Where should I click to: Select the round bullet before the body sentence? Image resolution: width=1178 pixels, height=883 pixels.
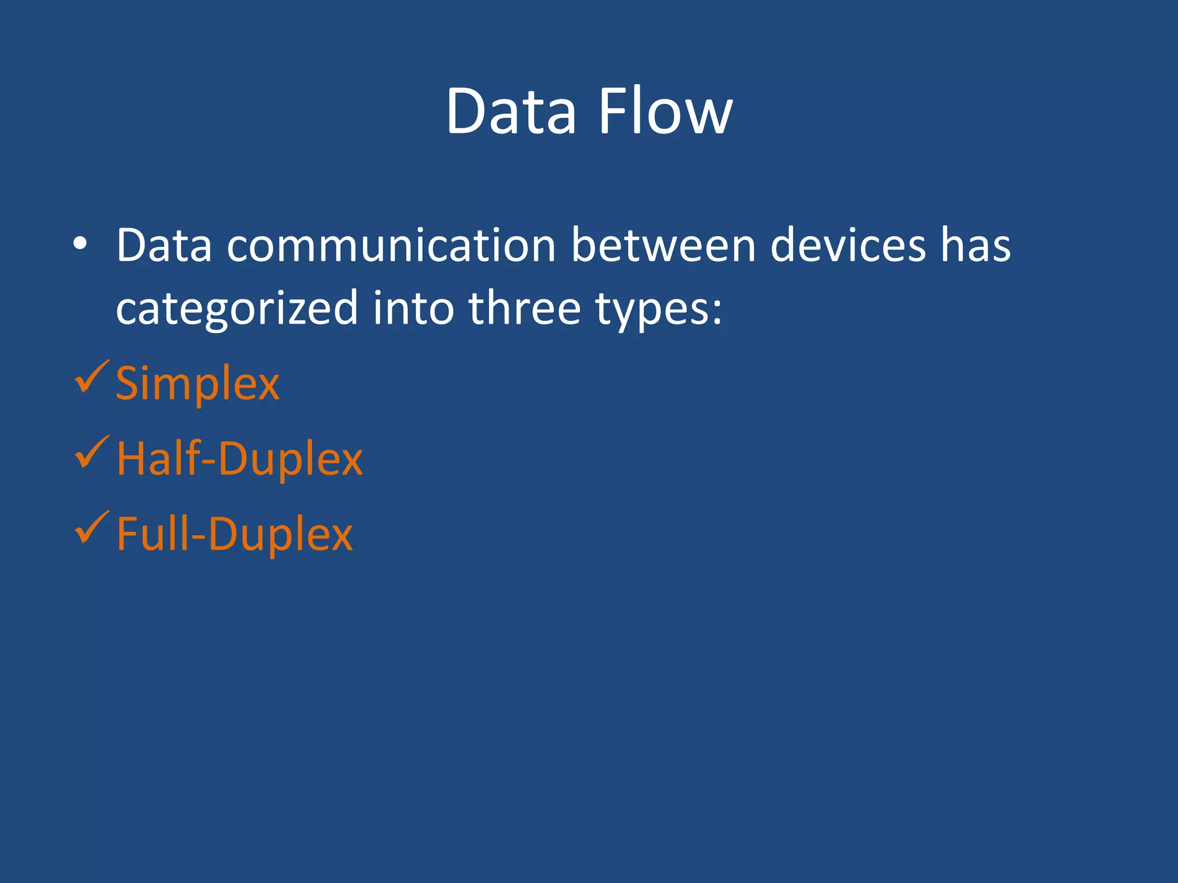[80, 244]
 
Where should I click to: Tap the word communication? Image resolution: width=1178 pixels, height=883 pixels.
[391, 245]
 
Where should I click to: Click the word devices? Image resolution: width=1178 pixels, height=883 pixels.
[848, 245]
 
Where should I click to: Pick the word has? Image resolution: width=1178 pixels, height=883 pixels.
[976, 245]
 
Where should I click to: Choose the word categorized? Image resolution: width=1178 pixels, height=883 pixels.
[237, 309]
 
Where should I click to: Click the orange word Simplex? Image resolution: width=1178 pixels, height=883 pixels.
[197, 384]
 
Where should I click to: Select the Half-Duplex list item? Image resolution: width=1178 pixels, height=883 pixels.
[239, 459]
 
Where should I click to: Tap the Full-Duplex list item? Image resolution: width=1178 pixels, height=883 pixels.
[234, 534]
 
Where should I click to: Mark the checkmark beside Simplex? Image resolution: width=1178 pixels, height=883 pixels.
[91, 378]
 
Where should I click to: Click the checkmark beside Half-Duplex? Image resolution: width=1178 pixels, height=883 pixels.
[91, 453]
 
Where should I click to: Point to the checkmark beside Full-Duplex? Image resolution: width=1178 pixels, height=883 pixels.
[91, 528]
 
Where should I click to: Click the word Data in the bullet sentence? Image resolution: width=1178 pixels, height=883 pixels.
[164, 245]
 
